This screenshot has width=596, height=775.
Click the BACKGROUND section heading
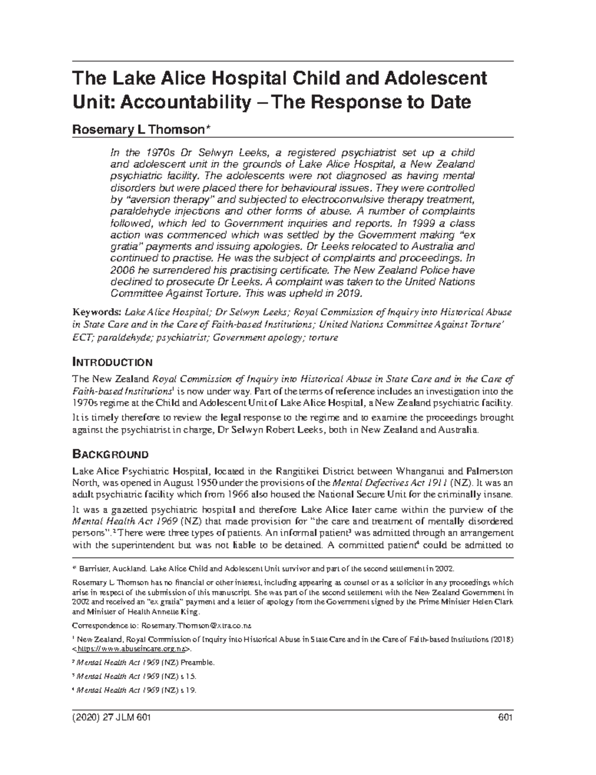110,454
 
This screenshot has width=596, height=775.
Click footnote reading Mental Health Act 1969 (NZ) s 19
135,690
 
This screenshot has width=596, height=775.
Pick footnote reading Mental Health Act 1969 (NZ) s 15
135,677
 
